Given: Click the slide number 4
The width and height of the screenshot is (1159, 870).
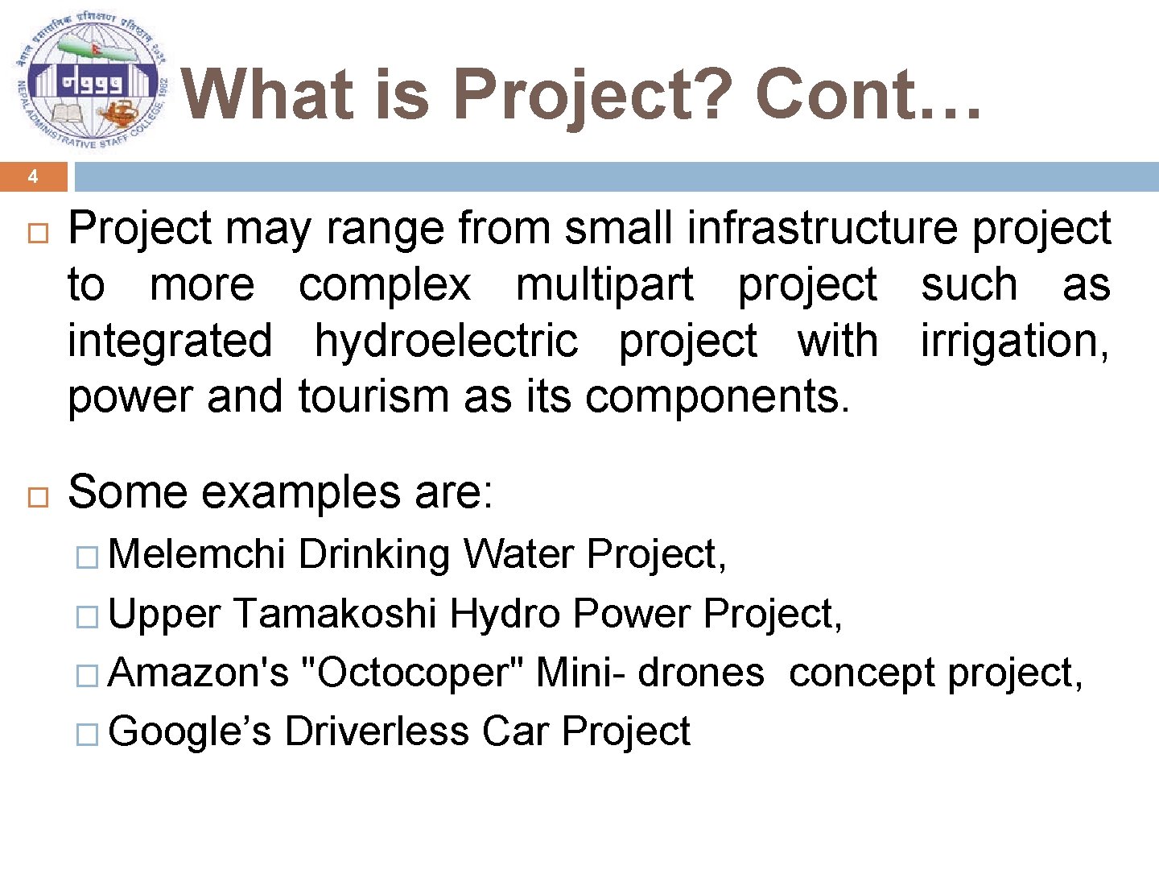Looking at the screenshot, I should pyautogui.click(x=33, y=176).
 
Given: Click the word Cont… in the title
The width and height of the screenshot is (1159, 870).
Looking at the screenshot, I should pyautogui.click(x=868, y=94).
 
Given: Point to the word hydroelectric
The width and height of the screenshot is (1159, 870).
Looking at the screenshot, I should pyautogui.click(x=446, y=341).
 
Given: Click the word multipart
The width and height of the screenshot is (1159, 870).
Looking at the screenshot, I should pyautogui.click(x=604, y=284).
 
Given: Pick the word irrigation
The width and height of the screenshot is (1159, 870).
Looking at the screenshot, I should pyautogui.click(x=1014, y=341).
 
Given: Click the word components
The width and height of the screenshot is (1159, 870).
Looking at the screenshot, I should pyautogui.click(x=716, y=396).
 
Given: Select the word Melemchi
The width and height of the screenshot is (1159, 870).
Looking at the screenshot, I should pyautogui.click(x=196, y=554).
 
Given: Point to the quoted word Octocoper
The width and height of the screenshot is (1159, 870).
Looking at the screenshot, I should pyautogui.click(x=412, y=673).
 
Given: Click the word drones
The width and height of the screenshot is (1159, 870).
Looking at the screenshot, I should pyautogui.click(x=700, y=673).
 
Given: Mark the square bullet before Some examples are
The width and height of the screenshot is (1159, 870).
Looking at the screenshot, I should pyautogui.click(x=38, y=496).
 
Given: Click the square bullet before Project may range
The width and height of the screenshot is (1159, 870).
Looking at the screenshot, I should pyautogui.click(x=38, y=234).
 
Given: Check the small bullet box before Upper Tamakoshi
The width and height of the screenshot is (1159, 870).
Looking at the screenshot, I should pyautogui.click(x=86, y=618).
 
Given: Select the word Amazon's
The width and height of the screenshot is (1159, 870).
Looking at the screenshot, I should pyautogui.click(x=198, y=673).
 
